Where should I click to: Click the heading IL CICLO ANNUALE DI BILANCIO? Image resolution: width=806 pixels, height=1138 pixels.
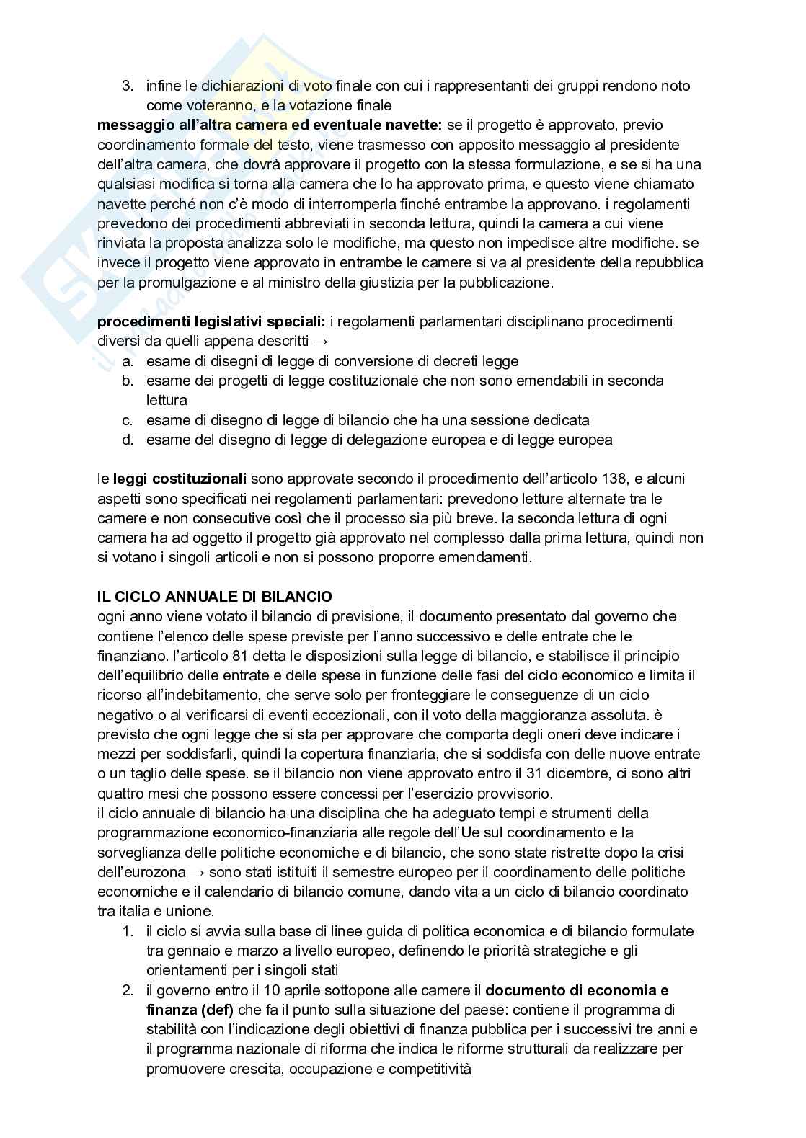pyautogui.click(x=215, y=597)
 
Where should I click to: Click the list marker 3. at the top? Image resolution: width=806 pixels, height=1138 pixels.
pyautogui.click(x=128, y=86)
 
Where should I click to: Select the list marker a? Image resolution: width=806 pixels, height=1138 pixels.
pyautogui.click(x=128, y=361)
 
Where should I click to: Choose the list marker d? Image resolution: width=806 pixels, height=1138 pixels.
pyautogui.click(x=128, y=440)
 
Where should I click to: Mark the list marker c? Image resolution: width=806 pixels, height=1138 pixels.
pyautogui.click(x=128, y=420)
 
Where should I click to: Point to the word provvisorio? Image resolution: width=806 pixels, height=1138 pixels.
pyautogui.click(x=508, y=794)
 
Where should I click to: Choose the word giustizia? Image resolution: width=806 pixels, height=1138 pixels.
pyautogui.click(x=399, y=283)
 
